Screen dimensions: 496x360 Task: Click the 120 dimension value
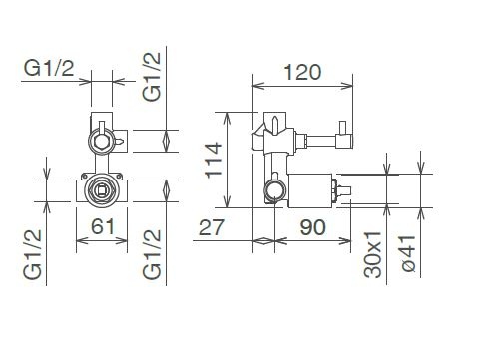[x=302, y=72]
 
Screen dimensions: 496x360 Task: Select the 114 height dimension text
[x=214, y=161]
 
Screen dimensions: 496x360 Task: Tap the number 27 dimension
[x=212, y=227]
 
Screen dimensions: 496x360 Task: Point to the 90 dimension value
[x=312, y=227]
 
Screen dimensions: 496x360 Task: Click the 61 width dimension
[x=103, y=226]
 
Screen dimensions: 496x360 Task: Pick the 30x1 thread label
[x=372, y=255]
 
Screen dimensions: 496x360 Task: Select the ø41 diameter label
[x=408, y=253]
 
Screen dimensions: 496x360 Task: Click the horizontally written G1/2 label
[x=49, y=68]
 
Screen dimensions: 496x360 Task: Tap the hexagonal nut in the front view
[x=102, y=141]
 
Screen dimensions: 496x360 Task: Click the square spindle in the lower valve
[x=101, y=190]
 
